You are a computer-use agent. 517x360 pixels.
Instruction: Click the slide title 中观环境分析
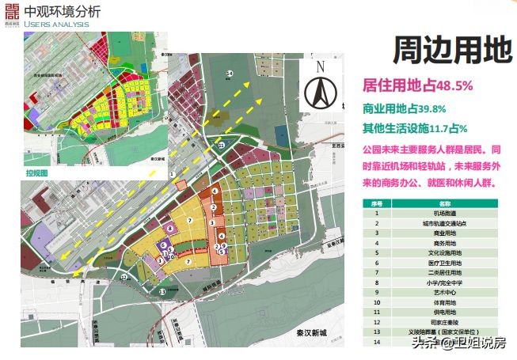[x=63, y=12]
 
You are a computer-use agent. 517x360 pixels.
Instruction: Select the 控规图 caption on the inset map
[x=36, y=172]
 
